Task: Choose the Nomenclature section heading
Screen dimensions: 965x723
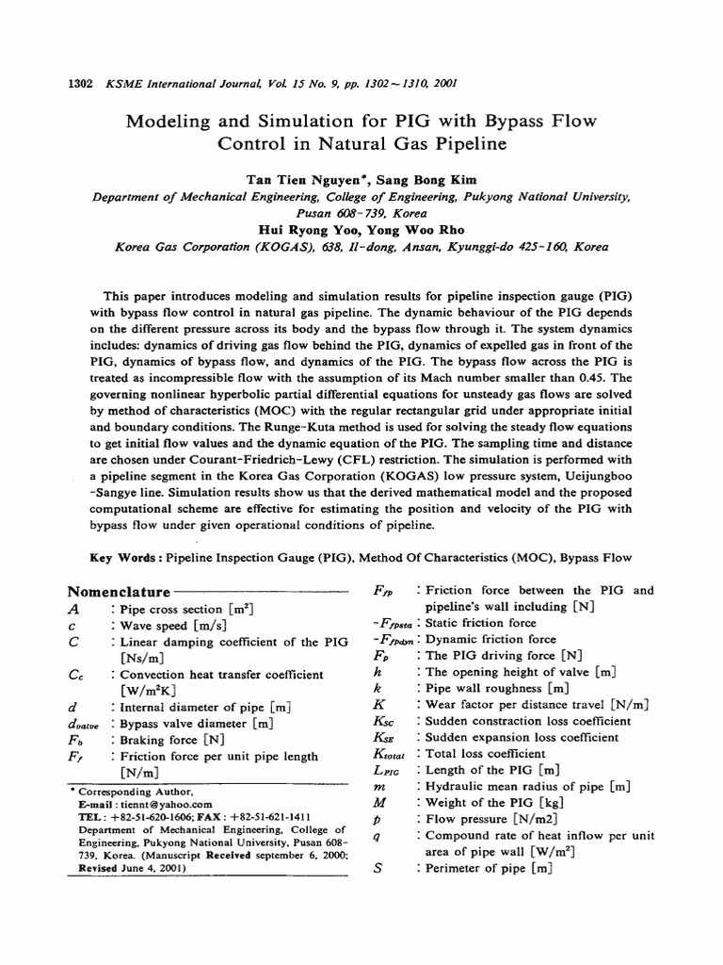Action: (x=118, y=592)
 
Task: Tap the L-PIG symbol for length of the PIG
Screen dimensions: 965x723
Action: (x=387, y=770)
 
